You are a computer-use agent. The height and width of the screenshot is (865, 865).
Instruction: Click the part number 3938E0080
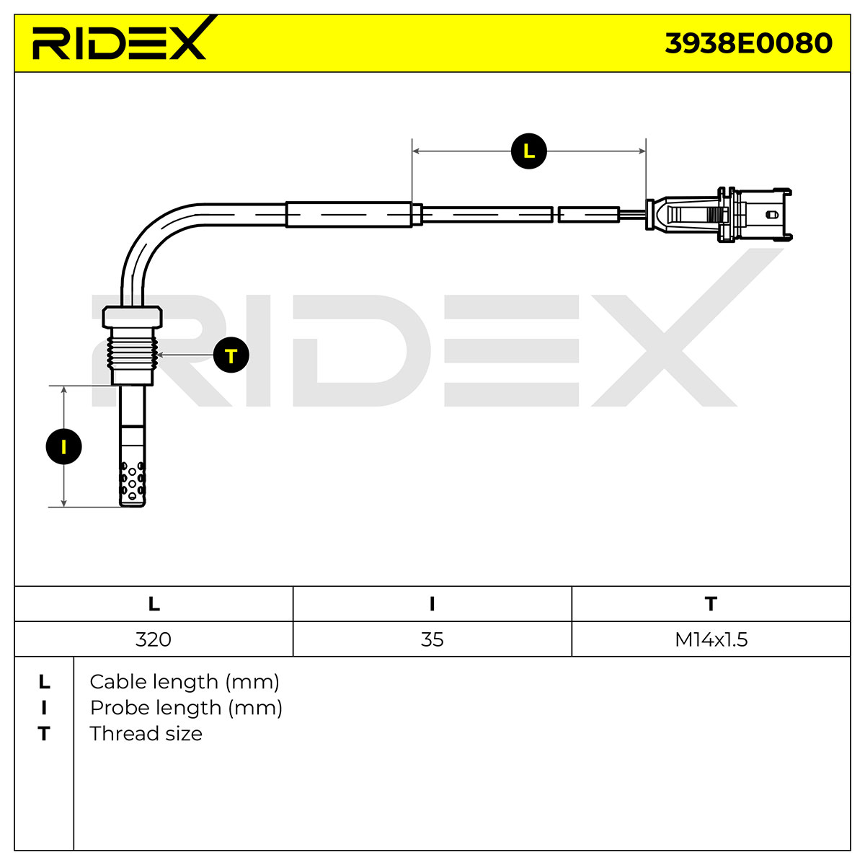pos(748,43)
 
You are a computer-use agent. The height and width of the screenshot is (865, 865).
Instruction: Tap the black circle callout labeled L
pos(529,151)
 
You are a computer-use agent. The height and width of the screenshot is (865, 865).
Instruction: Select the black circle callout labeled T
pos(231,355)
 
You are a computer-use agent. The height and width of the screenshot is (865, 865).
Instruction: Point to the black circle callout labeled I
pos(63,447)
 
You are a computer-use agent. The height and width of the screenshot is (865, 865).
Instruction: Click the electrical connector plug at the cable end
pos(718,215)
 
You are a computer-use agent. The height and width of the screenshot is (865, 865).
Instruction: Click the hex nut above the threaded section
pos(132,317)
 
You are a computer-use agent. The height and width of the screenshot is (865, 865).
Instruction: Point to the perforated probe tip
pos(132,483)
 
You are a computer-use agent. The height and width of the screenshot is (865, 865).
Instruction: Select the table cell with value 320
pos(153,639)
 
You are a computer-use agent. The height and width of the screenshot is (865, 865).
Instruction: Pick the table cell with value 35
pos(432,639)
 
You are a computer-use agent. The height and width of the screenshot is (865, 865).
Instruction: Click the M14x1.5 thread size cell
pos(711,639)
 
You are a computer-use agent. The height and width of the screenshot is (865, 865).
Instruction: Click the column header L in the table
pos(154,604)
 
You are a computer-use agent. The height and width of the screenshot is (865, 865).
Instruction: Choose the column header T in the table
pos(711,604)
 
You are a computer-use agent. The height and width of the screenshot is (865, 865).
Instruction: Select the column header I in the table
pos(432,604)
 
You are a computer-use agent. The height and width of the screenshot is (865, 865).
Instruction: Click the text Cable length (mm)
pos(185,683)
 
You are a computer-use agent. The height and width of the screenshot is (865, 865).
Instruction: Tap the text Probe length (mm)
pos(186,709)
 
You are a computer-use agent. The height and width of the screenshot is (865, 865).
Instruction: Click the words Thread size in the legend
pos(146,734)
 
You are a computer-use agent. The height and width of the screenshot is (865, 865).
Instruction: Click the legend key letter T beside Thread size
pos(43,735)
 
